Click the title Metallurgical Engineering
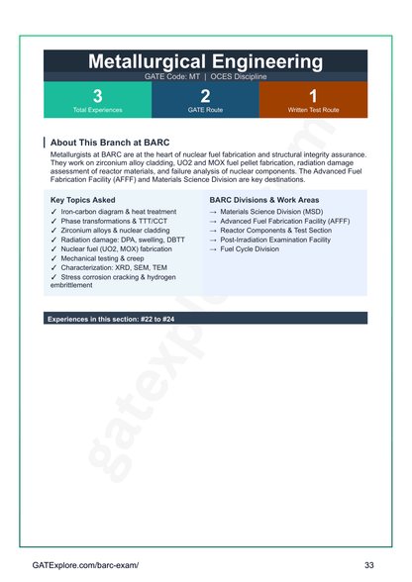click(x=205, y=61)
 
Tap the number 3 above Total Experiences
click(x=97, y=95)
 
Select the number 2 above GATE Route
click(x=205, y=95)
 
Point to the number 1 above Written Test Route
click(x=313, y=95)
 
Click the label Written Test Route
click(x=313, y=110)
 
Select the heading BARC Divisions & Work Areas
click(x=264, y=199)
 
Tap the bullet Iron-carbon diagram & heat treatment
click(x=119, y=212)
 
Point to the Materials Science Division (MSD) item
click(x=271, y=212)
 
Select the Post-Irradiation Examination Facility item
click(x=275, y=240)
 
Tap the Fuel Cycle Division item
click(x=250, y=248)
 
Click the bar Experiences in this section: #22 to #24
click(x=111, y=320)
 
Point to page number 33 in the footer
click(x=368, y=564)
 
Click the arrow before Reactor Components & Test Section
click(x=213, y=231)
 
